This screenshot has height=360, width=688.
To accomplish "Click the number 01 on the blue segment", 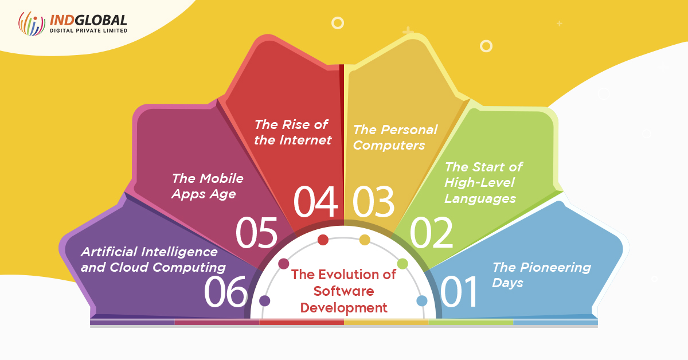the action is tap(459, 292).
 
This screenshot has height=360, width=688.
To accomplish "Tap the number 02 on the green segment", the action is tap(431, 232).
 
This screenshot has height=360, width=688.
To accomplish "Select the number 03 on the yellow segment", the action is tap(373, 202).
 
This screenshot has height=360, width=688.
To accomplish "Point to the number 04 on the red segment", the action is tap(315, 202).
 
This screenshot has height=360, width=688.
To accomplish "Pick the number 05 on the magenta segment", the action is tap(256, 232).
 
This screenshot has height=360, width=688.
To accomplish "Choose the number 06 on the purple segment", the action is tap(225, 292).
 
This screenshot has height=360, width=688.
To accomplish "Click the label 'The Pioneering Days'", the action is tap(541, 275).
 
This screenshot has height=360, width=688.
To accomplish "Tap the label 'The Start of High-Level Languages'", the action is tap(483, 182).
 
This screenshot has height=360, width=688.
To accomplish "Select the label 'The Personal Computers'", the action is tap(395, 138).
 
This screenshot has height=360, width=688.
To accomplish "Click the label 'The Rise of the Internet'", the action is tap(293, 132).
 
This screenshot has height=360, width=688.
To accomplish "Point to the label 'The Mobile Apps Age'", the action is tap(208, 186).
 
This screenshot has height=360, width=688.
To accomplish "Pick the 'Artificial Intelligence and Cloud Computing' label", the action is tap(153, 260).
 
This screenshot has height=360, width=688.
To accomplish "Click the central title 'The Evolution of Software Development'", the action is tap(343, 291).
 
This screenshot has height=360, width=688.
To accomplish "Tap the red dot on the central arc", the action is tap(323, 240).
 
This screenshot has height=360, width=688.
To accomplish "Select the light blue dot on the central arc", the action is tap(422, 301).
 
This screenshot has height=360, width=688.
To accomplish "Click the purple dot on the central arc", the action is tap(264, 301).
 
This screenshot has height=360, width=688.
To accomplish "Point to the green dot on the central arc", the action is tap(402, 264).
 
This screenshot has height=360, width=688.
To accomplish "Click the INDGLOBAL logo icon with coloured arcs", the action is tap(32, 24).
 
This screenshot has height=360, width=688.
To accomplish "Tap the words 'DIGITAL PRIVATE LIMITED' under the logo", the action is tap(88, 30).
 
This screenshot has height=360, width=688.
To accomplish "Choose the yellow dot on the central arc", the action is tap(365, 240).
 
